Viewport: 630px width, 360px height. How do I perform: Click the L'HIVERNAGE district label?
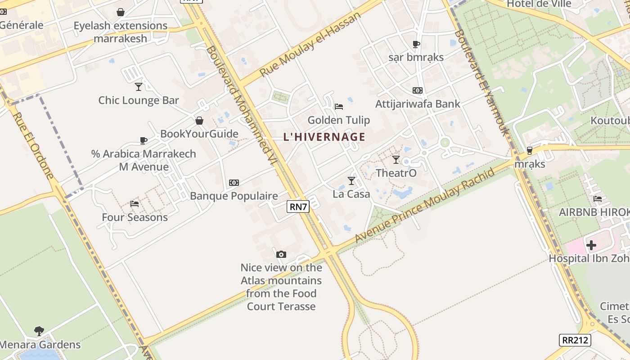pos(324,137)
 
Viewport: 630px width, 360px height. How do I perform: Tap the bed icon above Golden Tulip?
pos(339,107)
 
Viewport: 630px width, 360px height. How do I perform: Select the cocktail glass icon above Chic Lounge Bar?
pos(139,86)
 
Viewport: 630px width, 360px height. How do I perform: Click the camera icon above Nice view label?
pos(281,254)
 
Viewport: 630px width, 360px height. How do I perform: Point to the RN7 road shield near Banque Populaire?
pos(298,207)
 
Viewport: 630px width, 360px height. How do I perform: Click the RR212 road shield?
pos(575,340)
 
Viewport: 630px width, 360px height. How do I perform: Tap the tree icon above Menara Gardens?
pos(39,331)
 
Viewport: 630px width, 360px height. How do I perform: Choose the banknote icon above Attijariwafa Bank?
pos(418,90)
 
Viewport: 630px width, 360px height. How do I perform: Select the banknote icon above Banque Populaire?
pos(234,182)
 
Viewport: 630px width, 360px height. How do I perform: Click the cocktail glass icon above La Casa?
pos(351,181)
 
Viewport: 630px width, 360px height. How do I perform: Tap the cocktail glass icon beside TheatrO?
pos(396,159)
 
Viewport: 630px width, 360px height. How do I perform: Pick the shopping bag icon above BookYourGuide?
pos(199,121)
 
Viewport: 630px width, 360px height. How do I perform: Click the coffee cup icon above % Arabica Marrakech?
pos(144,140)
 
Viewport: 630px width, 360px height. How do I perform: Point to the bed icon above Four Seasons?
pos(135,204)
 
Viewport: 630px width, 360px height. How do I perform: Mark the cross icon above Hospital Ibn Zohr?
pos(591,245)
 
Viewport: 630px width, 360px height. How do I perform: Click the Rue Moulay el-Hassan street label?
pos(310,44)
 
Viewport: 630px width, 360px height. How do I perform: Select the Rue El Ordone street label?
pos(33,146)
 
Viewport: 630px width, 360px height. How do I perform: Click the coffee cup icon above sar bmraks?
pos(416,44)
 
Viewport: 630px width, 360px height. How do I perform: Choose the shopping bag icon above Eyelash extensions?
pos(121,12)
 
